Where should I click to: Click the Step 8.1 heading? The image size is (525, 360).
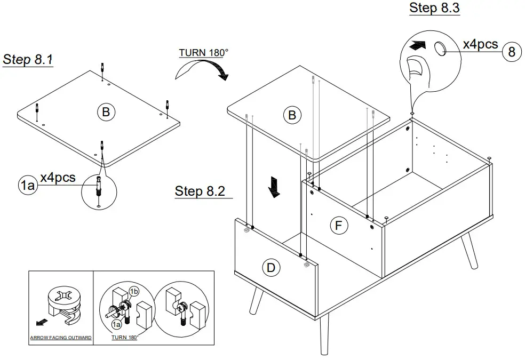[x=28, y=59]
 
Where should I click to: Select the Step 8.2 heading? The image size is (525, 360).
[x=200, y=191]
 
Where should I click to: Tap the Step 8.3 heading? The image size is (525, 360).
[x=434, y=8]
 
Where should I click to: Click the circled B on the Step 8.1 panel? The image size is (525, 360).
[x=106, y=112]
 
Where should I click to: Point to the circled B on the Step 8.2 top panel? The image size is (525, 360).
[x=292, y=115]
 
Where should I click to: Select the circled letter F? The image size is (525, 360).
[x=338, y=226]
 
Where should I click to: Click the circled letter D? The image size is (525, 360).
[x=271, y=268]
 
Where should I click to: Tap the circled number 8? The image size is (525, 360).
[x=511, y=51]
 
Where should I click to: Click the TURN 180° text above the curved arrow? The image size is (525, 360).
[x=203, y=53]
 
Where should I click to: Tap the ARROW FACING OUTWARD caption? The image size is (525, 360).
[x=61, y=338]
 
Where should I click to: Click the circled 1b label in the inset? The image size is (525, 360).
[x=134, y=291]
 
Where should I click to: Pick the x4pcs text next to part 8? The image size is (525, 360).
[x=480, y=44]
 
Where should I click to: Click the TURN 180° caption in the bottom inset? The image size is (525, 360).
[x=124, y=338]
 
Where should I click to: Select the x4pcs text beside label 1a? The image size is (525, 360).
[x=58, y=177]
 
